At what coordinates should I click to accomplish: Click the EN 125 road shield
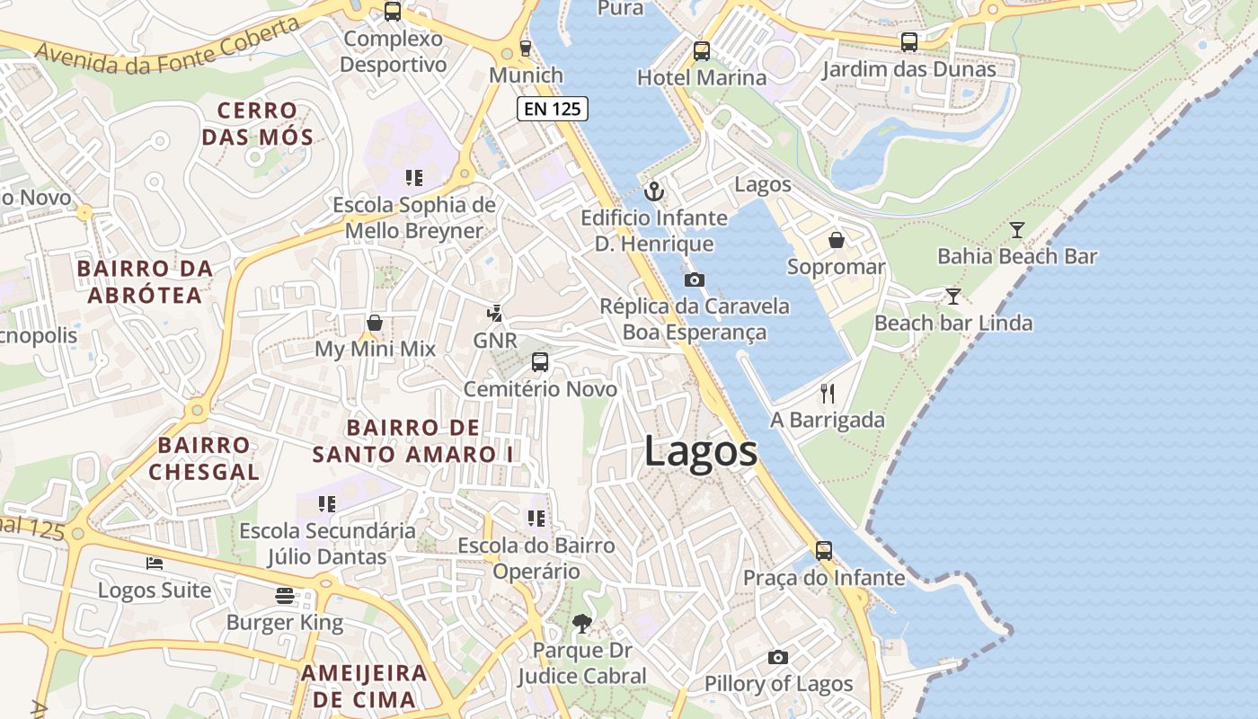point(553,110)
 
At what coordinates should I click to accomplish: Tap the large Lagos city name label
point(700,451)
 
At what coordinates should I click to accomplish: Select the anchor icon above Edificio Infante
point(654,191)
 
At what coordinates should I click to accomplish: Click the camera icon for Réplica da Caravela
point(694,280)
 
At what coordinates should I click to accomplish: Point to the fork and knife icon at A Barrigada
point(828,393)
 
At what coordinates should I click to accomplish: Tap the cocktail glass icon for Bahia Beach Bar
point(1016,230)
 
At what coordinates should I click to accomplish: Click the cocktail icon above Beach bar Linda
point(952,296)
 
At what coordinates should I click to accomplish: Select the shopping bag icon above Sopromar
point(836,240)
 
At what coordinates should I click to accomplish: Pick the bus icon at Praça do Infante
point(824,550)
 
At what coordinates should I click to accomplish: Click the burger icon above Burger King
point(285,595)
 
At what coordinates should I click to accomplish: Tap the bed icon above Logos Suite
point(155,564)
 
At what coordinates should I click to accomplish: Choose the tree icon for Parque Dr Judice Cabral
point(582,623)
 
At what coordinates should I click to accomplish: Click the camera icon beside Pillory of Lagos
point(778,657)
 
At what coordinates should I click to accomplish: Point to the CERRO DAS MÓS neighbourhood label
point(257,124)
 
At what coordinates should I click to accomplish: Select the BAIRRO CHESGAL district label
point(204,458)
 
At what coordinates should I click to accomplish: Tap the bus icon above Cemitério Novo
point(539,362)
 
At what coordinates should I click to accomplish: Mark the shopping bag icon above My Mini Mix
point(375,323)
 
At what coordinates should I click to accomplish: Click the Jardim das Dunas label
point(908,69)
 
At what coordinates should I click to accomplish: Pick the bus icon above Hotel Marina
point(702,51)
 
